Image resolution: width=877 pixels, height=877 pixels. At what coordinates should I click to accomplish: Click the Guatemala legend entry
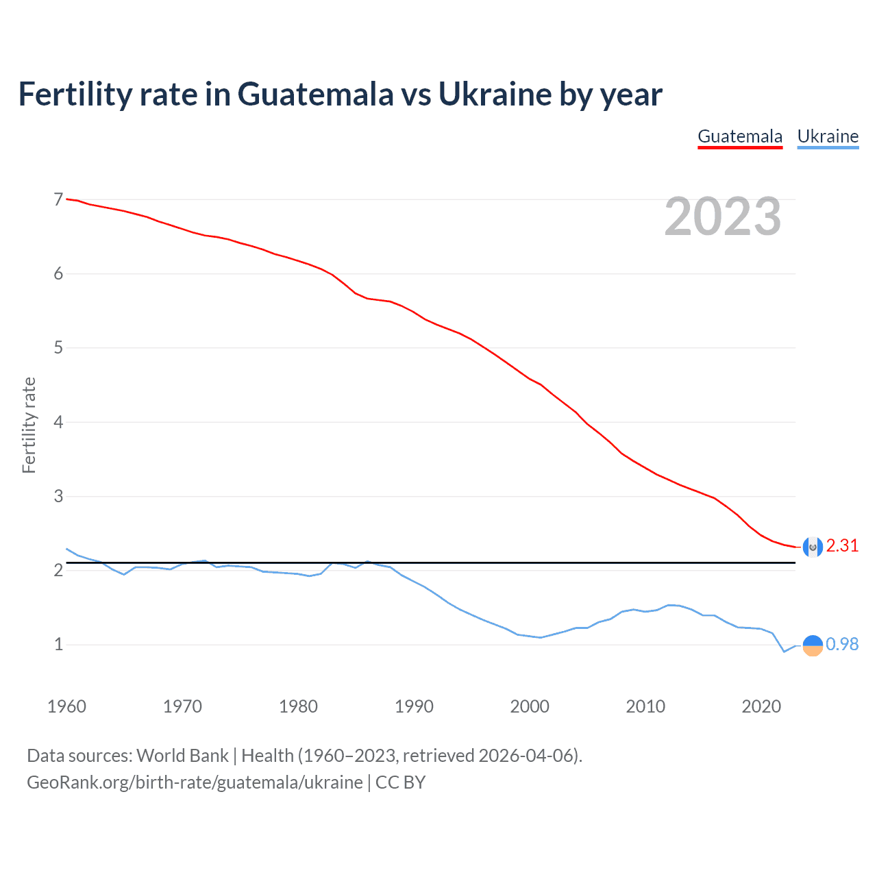point(740,136)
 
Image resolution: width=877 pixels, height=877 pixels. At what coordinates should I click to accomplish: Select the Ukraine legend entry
point(828,136)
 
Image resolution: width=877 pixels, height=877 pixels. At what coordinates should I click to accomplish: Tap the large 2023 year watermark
point(723,217)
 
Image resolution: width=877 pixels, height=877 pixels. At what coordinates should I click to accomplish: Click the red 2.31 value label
point(842,545)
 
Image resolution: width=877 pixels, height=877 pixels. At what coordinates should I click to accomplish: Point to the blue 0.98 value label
point(842,644)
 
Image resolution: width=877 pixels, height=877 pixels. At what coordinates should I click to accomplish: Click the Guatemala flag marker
point(813,547)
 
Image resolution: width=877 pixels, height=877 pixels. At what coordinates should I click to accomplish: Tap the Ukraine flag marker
point(813,645)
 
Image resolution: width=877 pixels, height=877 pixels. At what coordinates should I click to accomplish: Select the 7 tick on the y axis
point(58,199)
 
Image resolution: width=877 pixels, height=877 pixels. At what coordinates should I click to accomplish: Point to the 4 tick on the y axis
point(58,422)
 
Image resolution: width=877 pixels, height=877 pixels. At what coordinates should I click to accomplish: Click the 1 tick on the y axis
point(58,645)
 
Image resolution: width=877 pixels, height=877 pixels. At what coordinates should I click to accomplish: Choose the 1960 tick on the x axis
point(66,706)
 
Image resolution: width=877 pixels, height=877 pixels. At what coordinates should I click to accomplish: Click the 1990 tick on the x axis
point(414,706)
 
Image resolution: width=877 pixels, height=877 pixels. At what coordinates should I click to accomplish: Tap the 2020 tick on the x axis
point(761,706)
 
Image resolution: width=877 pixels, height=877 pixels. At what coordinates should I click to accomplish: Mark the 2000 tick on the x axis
point(530,706)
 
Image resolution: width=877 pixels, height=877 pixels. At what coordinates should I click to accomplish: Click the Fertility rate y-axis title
point(29,425)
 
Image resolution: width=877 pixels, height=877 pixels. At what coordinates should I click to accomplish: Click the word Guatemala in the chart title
point(315,94)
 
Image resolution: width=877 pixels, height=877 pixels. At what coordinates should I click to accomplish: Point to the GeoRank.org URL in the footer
point(195,782)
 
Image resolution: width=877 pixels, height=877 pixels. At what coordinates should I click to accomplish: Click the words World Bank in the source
point(182,756)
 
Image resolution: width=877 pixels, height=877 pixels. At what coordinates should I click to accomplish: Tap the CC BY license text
point(400,782)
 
